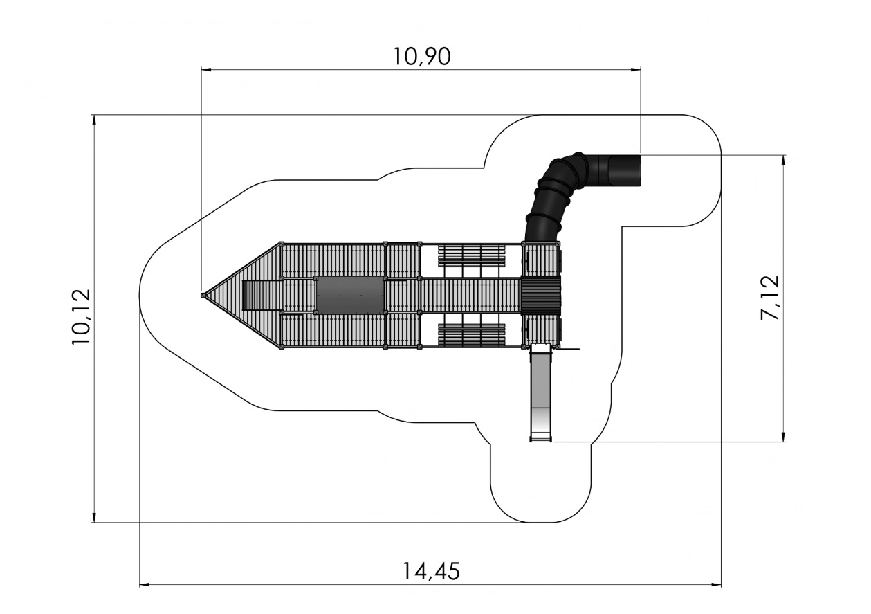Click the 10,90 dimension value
click(x=422, y=57)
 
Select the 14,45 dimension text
click(x=431, y=571)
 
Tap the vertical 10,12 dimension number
click(x=81, y=316)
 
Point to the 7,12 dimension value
click(x=770, y=298)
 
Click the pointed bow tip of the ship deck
click(x=203, y=296)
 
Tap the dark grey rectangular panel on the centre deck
click(x=350, y=295)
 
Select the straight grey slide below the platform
click(x=541, y=392)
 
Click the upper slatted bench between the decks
click(x=472, y=255)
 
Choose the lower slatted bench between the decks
click(x=472, y=334)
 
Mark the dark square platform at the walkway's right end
click(x=540, y=296)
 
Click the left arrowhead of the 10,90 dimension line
click(x=206, y=70)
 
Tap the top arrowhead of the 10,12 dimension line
click(x=93, y=120)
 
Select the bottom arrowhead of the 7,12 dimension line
click(x=783, y=437)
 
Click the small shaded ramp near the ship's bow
click(x=253, y=295)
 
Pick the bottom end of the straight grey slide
click(x=541, y=440)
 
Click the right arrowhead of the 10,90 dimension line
click(x=636, y=70)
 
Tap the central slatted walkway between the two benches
click(x=471, y=296)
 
